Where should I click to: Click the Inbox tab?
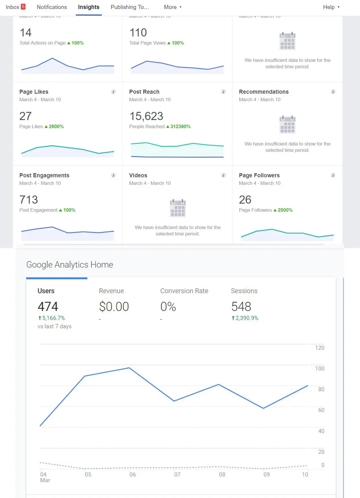tap(12, 7)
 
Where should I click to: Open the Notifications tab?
tap(52, 7)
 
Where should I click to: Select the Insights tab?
tap(89, 7)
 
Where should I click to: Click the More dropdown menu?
tap(172, 7)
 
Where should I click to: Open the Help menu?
tap(331, 7)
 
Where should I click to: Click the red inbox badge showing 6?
tap(23, 7)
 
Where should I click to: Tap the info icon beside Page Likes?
tap(113, 92)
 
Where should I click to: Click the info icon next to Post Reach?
tap(223, 92)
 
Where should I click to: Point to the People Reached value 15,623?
tap(146, 116)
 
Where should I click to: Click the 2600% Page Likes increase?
tap(56, 127)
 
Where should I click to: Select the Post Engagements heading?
tap(44, 175)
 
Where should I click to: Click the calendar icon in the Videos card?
tap(178, 208)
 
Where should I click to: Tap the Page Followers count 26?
tap(245, 200)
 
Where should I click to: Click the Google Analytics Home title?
tap(70, 265)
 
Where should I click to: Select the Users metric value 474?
tap(48, 307)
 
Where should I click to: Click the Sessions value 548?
tap(241, 307)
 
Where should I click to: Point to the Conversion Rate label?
tap(184, 291)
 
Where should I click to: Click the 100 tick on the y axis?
tap(319, 368)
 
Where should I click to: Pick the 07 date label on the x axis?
tap(177, 475)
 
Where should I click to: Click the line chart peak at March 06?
tap(129, 368)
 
